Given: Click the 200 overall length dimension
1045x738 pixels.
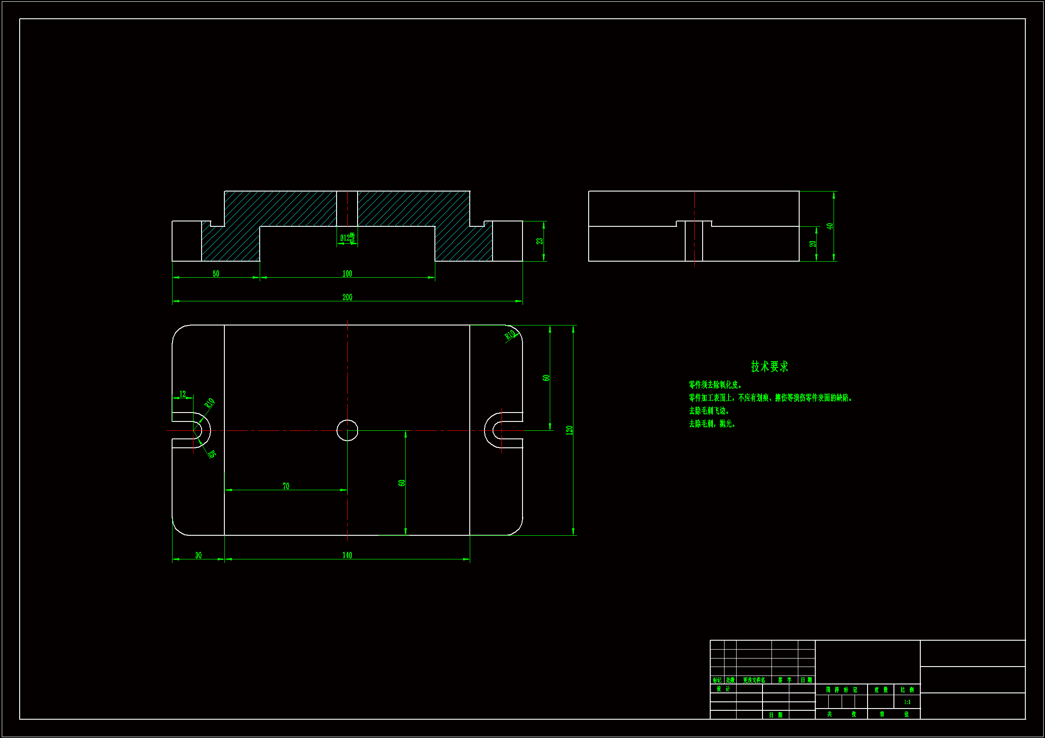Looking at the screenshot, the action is (347, 297).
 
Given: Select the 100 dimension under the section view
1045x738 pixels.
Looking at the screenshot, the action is (347, 273).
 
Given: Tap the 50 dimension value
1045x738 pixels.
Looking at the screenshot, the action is (216, 273).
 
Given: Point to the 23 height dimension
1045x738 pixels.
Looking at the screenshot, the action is (539, 241).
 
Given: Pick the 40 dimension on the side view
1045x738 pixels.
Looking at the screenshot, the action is (830, 226).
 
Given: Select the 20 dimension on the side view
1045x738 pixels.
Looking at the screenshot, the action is (813, 244).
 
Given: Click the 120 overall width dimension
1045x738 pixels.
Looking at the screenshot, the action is (569, 430).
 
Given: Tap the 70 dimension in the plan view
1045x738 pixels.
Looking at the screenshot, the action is (286, 486).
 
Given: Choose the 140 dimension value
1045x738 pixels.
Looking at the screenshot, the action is (347, 555).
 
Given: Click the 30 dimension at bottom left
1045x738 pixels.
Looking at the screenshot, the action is (198, 555).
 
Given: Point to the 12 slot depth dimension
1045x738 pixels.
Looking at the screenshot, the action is (182, 394).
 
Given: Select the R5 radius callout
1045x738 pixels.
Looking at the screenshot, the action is (212, 453).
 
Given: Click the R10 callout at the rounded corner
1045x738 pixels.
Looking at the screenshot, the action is (510, 335).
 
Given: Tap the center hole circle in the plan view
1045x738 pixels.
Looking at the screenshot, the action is (347, 430).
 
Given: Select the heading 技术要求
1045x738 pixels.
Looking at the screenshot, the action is (769, 367).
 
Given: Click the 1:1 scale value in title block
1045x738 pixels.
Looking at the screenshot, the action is (907, 702).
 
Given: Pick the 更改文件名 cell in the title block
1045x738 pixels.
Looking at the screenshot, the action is (754, 680).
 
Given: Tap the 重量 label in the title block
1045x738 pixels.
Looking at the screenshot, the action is (881, 690).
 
